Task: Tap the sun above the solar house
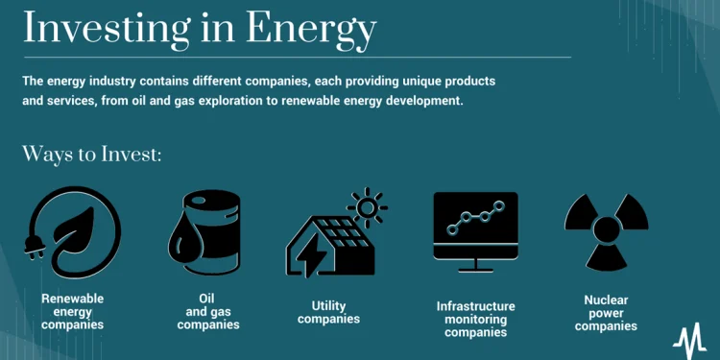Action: [366, 207]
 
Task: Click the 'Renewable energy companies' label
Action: [73, 312]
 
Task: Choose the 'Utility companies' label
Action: [328, 312]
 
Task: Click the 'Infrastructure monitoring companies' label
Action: [475, 319]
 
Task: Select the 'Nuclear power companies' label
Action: [606, 313]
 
